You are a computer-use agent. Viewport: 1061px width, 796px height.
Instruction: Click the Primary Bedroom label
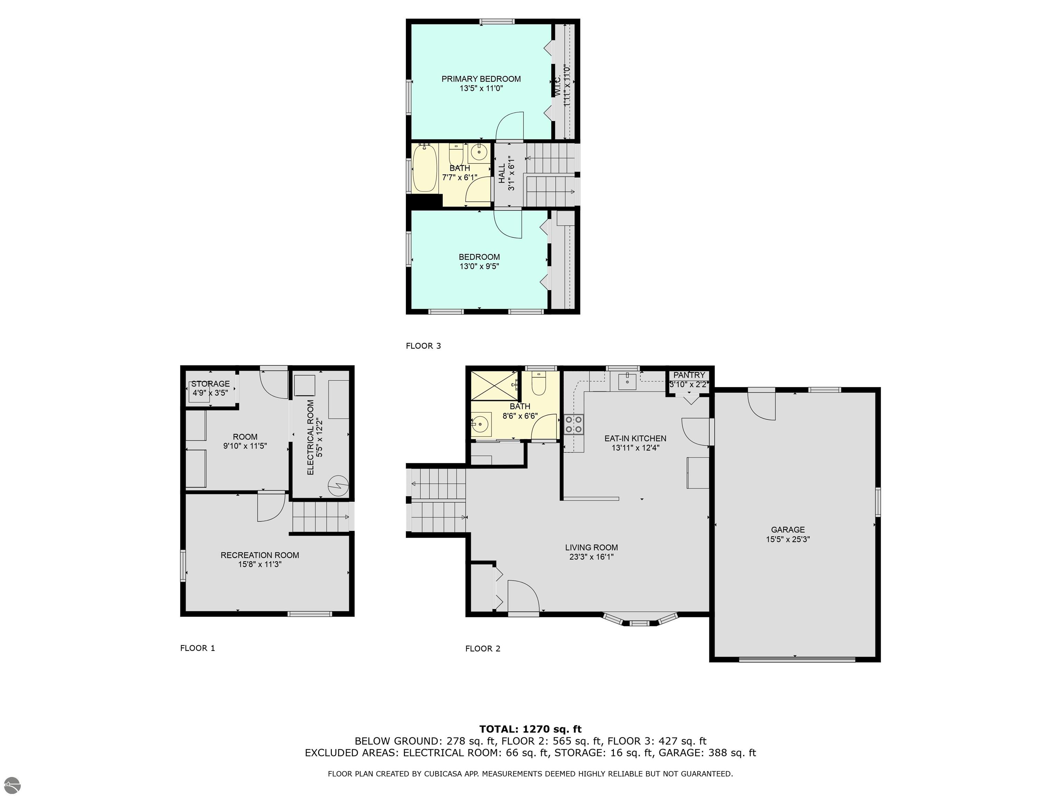point(481,79)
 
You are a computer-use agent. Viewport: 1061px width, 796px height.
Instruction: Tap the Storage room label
point(211,384)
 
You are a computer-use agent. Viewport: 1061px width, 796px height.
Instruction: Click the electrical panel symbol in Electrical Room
point(337,485)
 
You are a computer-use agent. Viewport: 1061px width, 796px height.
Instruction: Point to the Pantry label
point(689,375)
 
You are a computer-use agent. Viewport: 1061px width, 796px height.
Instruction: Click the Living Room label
point(591,548)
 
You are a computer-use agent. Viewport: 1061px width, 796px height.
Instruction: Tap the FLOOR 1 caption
point(198,648)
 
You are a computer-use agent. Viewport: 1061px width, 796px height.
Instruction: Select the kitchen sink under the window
point(628,382)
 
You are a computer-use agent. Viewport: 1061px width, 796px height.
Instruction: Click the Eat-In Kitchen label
point(635,438)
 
